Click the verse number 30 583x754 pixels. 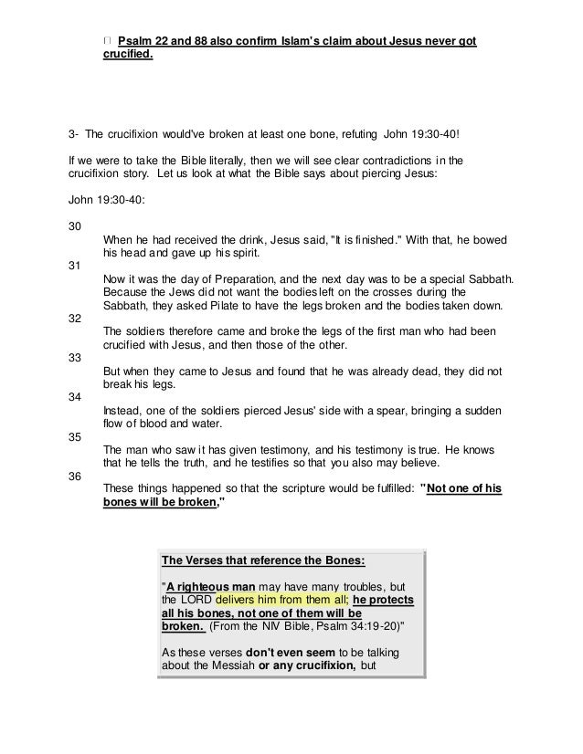click(x=75, y=225)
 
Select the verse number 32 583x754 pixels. click(x=75, y=319)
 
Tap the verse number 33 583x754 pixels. click(x=75, y=358)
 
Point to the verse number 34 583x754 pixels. click(x=75, y=397)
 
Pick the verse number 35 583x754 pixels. click(x=75, y=436)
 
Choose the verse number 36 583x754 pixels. click(x=75, y=476)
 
